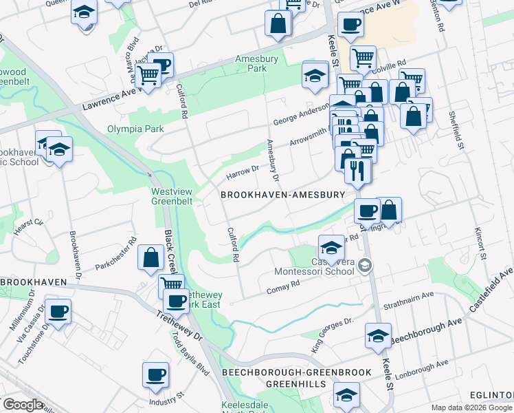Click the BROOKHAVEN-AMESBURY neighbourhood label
pos(282,195)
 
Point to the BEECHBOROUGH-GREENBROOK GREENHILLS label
pos(296,378)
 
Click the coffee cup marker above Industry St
pos(155,375)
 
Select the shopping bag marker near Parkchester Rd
pos(150,258)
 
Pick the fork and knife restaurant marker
pos(356,170)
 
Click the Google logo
pos(22,405)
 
